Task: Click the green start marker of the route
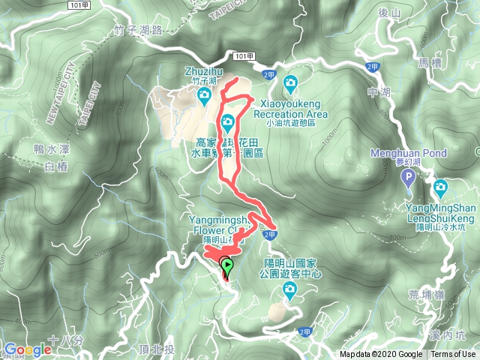pos(226,265)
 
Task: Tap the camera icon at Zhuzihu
pos(204,95)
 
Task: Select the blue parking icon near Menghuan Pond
pos(408,178)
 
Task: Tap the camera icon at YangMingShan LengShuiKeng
pos(440,186)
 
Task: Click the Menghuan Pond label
pos(409,153)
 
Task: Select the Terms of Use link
pos(453,355)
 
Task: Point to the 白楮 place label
pos(56,166)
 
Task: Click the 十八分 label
pos(60,341)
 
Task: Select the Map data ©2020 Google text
pos(381,355)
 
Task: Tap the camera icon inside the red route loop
pos(227,121)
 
